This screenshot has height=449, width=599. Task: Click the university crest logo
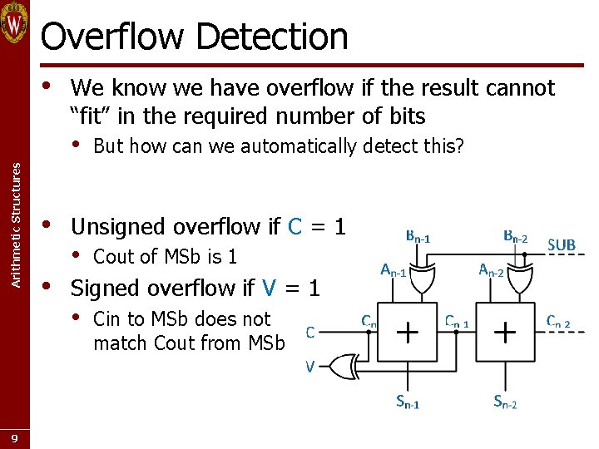pyautogui.click(x=15, y=23)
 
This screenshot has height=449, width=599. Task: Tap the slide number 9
pyautogui.click(x=15, y=437)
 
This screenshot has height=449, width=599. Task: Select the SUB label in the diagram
pyautogui.click(x=562, y=244)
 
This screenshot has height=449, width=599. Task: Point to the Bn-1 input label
pyautogui.click(x=418, y=237)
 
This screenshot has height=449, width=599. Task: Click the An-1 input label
pyautogui.click(x=393, y=270)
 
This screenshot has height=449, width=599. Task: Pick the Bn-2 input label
pyautogui.click(x=516, y=237)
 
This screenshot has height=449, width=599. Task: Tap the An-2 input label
pyautogui.click(x=491, y=270)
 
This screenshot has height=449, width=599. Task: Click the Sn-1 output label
pyautogui.click(x=407, y=403)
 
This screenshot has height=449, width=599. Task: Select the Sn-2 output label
pyautogui.click(x=505, y=403)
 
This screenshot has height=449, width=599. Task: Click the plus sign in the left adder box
pyautogui.click(x=407, y=332)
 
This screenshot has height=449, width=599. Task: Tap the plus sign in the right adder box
pyautogui.click(x=505, y=332)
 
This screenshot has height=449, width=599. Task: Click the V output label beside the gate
pyautogui.click(x=309, y=366)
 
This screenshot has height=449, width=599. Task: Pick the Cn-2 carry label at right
pyautogui.click(x=557, y=321)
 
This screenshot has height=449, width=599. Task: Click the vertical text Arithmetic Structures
pyautogui.click(x=15, y=225)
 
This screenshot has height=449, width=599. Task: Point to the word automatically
pyautogui.click(x=309, y=147)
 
